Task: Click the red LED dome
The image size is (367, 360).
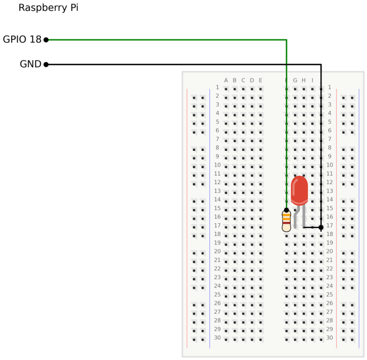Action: pyautogui.click(x=299, y=190)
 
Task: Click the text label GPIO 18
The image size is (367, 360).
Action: pyautogui.click(x=22, y=39)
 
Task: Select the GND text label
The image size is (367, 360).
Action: pyautogui.click(x=30, y=64)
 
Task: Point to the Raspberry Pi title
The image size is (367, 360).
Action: pyautogui.click(x=48, y=8)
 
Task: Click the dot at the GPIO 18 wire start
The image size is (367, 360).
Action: pyautogui.click(x=46, y=40)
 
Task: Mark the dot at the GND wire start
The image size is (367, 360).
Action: pyautogui.click(x=46, y=64)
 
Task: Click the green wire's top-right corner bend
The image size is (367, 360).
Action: pyautogui.click(x=287, y=40)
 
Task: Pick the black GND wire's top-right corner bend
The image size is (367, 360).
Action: pyautogui.click(x=321, y=64)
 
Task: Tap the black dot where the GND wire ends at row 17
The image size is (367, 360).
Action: pyautogui.click(x=321, y=227)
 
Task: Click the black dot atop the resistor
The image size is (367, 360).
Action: pyautogui.click(x=287, y=210)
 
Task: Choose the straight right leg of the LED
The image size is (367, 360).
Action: pyautogui.click(x=304, y=216)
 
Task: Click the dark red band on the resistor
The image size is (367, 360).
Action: pyautogui.click(x=287, y=224)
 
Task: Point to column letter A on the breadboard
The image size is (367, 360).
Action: pyautogui.click(x=226, y=81)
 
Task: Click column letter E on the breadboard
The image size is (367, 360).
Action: pyautogui.click(x=261, y=81)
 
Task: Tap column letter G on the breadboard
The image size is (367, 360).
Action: pyautogui.click(x=295, y=81)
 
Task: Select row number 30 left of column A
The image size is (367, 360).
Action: pyautogui.click(x=217, y=338)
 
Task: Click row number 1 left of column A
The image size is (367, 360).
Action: pyautogui.click(x=217, y=87)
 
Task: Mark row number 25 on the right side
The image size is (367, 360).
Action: pyautogui.click(x=330, y=295)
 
